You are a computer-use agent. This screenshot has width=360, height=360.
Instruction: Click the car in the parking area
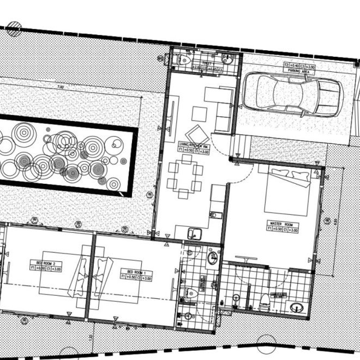[292, 94]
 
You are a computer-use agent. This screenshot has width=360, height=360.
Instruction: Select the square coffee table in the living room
[199, 114]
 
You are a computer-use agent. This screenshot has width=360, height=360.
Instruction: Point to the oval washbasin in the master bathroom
[297, 307]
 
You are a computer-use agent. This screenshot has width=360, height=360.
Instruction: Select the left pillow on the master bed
[279, 173]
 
